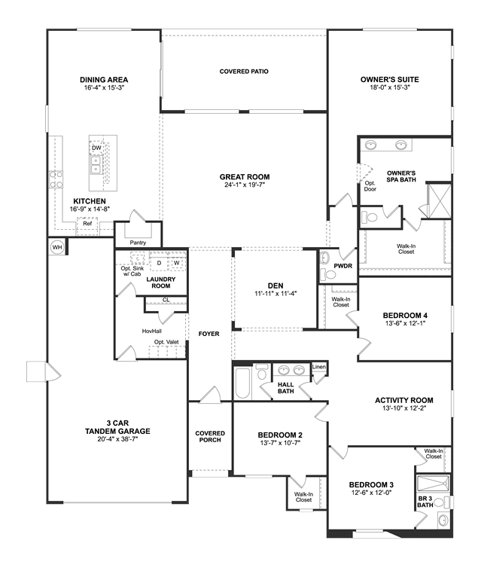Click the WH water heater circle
point(57,247)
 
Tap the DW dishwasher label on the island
point(96,148)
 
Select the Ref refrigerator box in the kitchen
point(87,226)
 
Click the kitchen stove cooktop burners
point(56,179)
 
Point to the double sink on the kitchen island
point(96,165)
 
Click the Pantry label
point(138,243)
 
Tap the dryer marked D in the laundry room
point(159,263)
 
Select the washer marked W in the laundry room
point(177,263)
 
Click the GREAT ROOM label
point(245,177)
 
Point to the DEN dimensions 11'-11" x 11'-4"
point(276,294)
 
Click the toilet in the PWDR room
point(328,274)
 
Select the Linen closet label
point(319,367)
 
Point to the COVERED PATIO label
point(244,72)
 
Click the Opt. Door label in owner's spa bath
point(370,186)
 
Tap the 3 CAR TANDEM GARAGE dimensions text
point(117,439)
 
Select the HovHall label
point(151,331)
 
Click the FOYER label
point(209,334)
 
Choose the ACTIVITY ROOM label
point(404,400)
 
